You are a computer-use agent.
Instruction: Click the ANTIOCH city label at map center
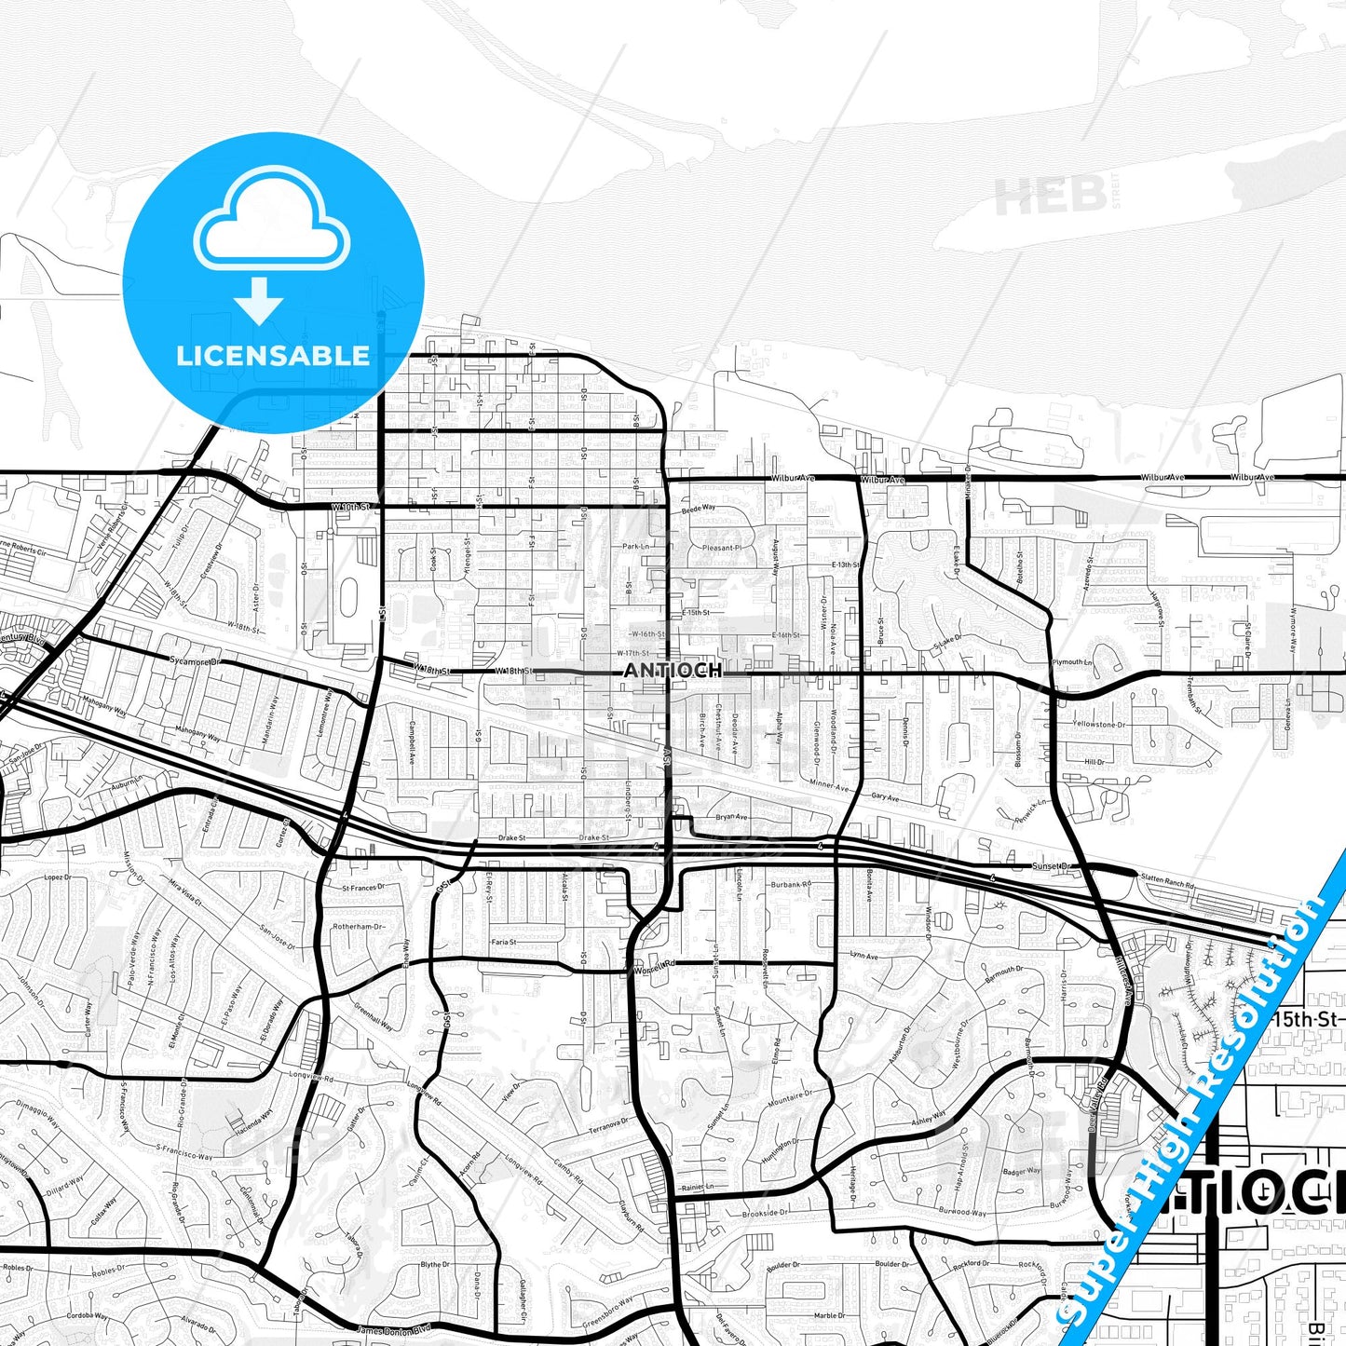(672, 670)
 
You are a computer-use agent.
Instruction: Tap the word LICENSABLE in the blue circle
(273, 355)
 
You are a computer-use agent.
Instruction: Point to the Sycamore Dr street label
(194, 661)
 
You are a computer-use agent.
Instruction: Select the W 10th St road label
(350, 507)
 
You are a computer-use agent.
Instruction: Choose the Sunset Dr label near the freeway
(1054, 866)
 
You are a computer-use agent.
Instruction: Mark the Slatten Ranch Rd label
(1166, 880)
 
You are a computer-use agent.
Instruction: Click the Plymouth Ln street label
(1071, 661)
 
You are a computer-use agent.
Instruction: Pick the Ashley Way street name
(929, 1118)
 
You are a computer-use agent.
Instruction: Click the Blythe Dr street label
(435, 1264)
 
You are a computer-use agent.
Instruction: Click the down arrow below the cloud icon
(259, 300)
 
